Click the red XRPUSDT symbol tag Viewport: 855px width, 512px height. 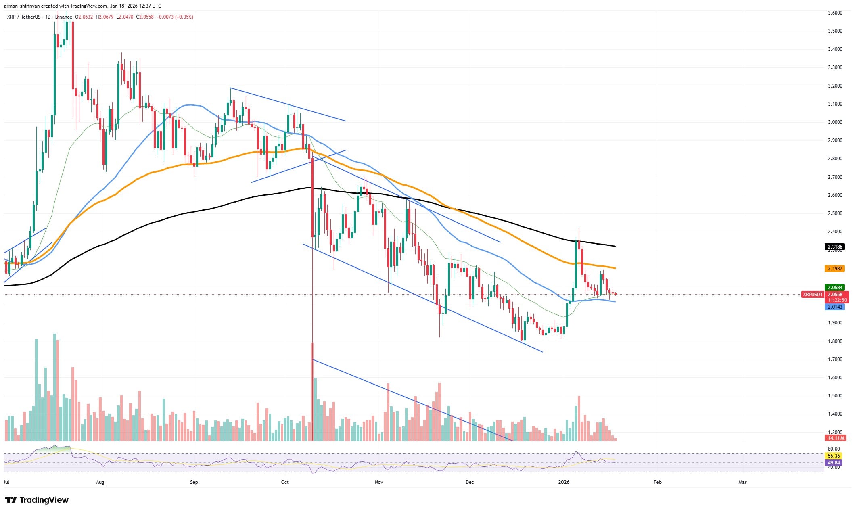813,295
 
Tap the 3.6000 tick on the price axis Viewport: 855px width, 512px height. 832,13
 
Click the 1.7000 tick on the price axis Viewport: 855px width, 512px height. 832,359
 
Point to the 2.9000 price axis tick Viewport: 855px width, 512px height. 832,140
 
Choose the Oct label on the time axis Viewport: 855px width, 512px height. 285,482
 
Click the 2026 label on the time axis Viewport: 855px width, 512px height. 564,482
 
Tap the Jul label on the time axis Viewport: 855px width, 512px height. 7,482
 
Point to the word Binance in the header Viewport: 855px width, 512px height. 64,17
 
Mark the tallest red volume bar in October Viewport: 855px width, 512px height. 312,391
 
